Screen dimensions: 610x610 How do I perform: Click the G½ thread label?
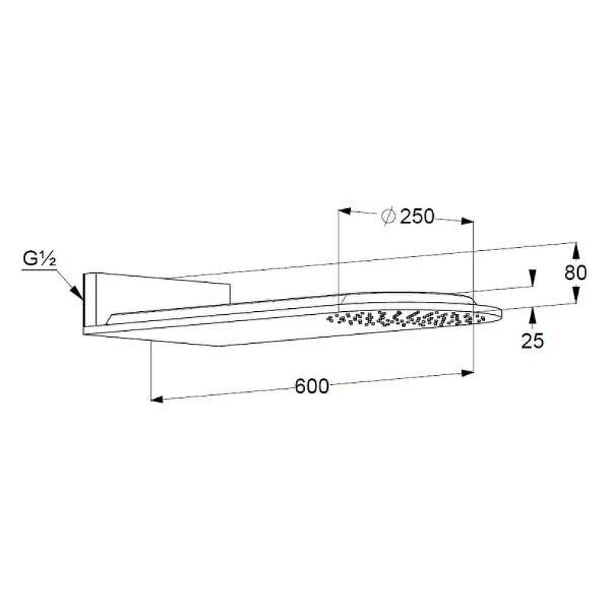40,259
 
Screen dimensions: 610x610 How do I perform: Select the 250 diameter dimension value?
417,217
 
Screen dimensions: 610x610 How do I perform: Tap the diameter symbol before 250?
388,216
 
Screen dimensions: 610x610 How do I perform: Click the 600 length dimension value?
312,387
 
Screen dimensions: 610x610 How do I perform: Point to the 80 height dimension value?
576,273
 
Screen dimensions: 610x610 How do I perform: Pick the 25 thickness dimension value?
532,341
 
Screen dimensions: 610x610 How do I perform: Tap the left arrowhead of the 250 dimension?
345,211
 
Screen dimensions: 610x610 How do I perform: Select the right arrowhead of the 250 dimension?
467,221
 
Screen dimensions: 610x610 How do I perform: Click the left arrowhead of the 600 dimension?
157,399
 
